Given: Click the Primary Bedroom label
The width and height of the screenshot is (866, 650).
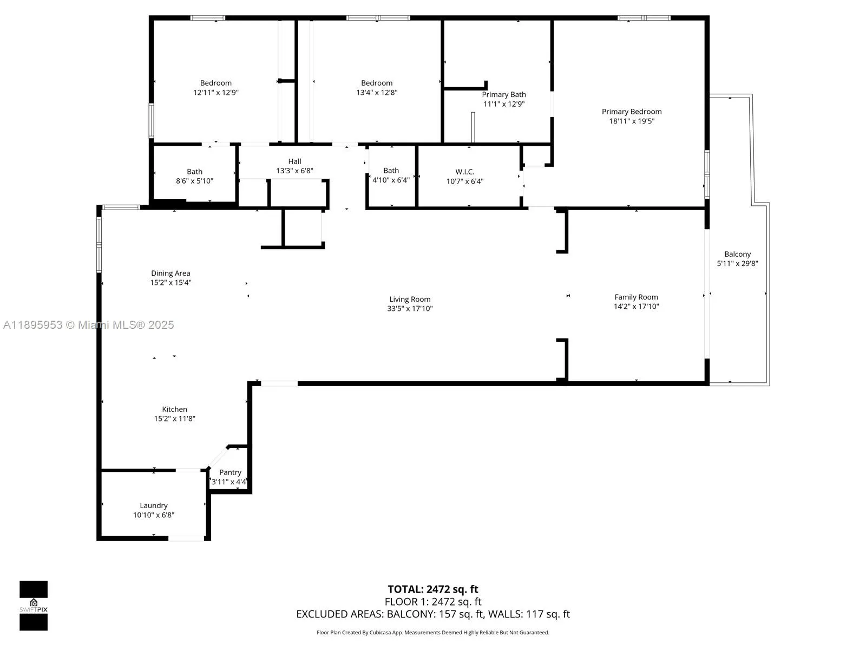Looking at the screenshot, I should coord(631,112).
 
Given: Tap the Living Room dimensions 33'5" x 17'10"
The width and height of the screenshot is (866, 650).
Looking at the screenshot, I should coord(410,309).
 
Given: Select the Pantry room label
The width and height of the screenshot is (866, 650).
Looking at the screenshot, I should coord(230,472).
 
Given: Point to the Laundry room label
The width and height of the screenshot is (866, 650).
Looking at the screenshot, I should coord(154,505).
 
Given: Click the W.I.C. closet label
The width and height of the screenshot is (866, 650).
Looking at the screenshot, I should coord(464,172).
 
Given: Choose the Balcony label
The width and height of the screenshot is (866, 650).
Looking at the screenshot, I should coord(737,254).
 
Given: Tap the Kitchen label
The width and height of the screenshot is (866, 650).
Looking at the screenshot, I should coord(174,409).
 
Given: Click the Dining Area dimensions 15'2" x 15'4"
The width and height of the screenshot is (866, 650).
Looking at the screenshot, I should coord(170,283).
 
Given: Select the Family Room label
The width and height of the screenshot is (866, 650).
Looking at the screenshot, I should coord(636,297).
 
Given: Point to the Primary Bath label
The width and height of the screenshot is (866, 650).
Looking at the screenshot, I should coord(503,94).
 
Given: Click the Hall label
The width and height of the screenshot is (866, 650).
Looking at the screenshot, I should coord(294,161).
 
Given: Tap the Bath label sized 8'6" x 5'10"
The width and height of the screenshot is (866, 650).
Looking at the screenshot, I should coord(194,172).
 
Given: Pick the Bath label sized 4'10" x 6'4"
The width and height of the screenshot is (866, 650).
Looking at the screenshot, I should coord(391,171).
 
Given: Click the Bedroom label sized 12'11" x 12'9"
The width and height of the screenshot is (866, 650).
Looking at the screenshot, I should coord(215,83).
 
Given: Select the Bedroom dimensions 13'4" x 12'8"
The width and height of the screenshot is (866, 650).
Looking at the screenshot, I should coord(377,93).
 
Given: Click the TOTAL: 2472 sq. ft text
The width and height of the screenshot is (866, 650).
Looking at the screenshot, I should coord(432,589).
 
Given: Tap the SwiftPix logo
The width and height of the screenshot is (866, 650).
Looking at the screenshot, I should coord(34,606).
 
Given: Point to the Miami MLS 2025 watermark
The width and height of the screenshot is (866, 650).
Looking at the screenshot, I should coord(88,325).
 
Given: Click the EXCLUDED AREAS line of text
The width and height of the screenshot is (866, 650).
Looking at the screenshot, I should coord(432,614).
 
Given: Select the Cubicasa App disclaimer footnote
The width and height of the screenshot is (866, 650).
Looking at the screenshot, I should coord(432,633).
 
